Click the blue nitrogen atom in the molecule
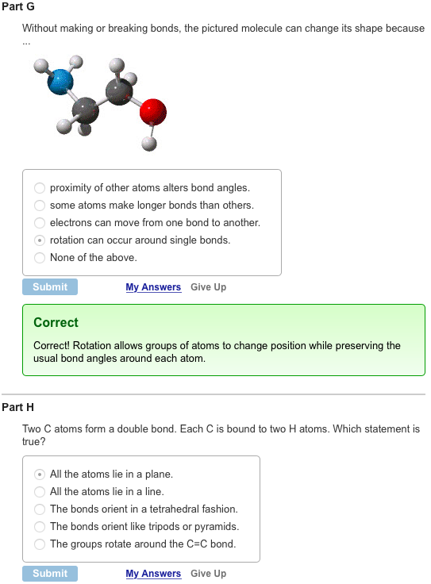60,79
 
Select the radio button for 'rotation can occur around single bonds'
40,240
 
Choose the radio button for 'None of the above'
40,258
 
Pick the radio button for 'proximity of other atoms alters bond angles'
40,188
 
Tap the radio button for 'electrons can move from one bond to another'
40,223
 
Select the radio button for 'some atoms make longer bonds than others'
40,206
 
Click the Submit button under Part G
50,287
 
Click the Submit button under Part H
50,574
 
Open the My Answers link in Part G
153,287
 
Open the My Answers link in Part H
153,574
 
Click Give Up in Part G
208,287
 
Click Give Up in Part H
208,574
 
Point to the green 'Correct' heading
56,323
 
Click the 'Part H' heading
18,407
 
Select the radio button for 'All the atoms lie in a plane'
40,474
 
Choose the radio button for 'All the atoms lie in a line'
40,492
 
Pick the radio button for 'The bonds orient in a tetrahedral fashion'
40,509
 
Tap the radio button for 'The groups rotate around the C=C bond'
40,544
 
